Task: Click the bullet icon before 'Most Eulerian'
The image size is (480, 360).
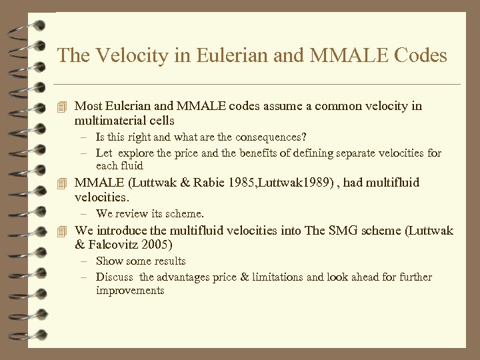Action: point(63,106)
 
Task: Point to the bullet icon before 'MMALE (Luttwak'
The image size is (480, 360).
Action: point(63,183)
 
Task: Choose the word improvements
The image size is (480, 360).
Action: point(130,291)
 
